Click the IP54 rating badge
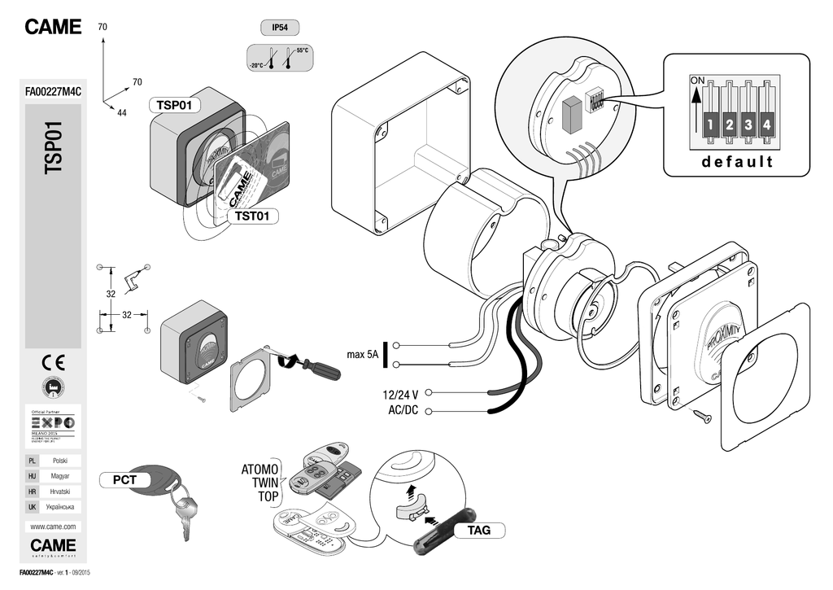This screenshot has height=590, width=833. (279, 28)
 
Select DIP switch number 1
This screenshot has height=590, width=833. (709, 125)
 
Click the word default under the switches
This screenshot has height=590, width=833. (738, 161)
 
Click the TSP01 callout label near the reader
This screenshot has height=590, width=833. (173, 106)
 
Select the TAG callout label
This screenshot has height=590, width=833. (478, 531)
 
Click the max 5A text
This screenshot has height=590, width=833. (363, 355)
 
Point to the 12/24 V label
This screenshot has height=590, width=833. (400, 395)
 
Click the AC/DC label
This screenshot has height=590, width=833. (403, 410)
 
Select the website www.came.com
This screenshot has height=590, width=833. (53, 527)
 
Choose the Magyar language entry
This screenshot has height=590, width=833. (59, 475)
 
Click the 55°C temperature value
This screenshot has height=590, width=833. (303, 50)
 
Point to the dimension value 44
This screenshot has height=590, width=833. (122, 112)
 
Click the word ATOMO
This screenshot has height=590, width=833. (260, 470)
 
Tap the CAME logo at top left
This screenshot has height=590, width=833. (53, 27)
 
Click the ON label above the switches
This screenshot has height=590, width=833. (697, 81)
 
